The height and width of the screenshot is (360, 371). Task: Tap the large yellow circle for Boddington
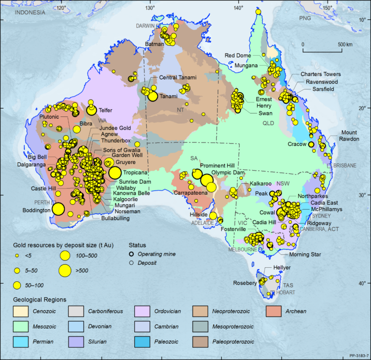(58, 209)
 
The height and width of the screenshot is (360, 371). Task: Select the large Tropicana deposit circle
(115, 173)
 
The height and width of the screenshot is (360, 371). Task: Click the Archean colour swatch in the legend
(277, 311)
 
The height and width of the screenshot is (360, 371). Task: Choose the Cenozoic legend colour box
(19, 311)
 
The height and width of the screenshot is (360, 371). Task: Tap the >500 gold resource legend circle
(66, 271)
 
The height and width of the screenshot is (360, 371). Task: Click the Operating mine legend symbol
(131, 254)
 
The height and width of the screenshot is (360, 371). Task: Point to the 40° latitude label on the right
(361, 283)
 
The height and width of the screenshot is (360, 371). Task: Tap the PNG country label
(305, 18)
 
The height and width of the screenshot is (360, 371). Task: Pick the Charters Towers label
(321, 74)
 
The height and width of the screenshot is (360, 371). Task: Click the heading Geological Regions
(39, 299)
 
